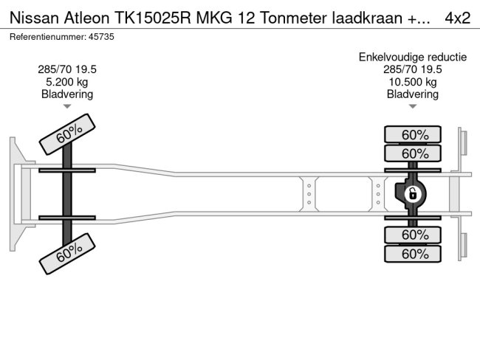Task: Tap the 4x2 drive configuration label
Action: [458, 18]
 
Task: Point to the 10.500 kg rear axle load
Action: [414, 82]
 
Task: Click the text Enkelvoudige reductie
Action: [414, 57]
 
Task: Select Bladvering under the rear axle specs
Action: [414, 94]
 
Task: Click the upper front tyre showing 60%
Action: [69, 134]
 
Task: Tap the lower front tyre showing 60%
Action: [69, 254]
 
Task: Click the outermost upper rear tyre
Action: [414, 134]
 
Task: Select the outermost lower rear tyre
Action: [414, 254]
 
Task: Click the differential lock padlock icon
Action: [413, 195]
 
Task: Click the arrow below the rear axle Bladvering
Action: [414, 107]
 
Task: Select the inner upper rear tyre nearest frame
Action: [414, 153]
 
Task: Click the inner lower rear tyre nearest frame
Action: [414, 235]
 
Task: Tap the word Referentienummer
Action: [46, 36]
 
